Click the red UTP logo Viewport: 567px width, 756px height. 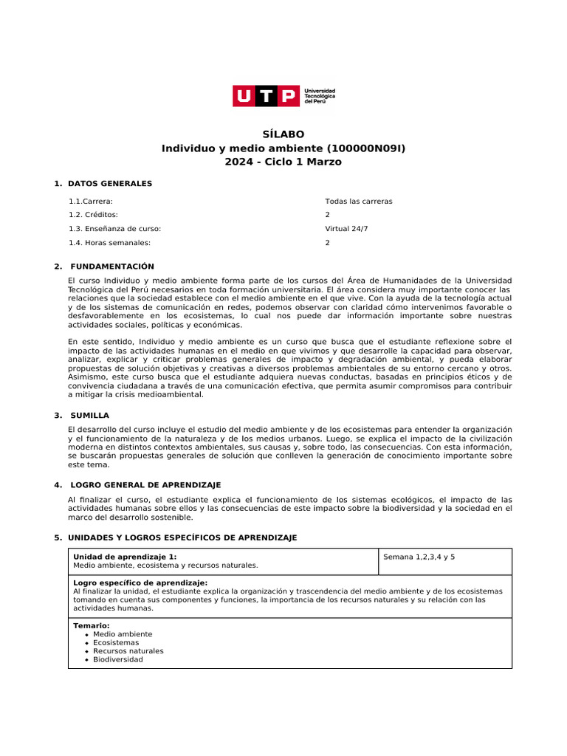pos(267,96)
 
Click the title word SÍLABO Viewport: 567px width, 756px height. pos(283,134)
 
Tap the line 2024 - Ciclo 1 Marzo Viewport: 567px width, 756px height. pos(283,162)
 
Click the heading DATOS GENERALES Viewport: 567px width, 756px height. pos(110,183)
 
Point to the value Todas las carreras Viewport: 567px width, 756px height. pos(359,201)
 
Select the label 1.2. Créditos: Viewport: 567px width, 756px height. pos(93,214)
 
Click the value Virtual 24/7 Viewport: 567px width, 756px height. pos(346,229)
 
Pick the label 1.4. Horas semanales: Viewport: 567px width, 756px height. pos(109,242)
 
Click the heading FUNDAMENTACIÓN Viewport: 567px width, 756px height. pos(112,267)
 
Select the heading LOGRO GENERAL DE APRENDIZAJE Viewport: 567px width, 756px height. pos(145,485)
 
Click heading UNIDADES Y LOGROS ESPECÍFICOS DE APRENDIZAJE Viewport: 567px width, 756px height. pos(182,537)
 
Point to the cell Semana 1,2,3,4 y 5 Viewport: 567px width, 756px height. pos(419,557)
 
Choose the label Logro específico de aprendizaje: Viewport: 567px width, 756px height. pos(140,583)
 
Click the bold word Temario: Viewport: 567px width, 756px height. pos(92,625)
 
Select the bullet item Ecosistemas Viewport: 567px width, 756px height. pos(116,642)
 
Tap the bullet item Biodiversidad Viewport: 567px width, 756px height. pos(118,659)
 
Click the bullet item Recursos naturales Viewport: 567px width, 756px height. pos(128,651)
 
